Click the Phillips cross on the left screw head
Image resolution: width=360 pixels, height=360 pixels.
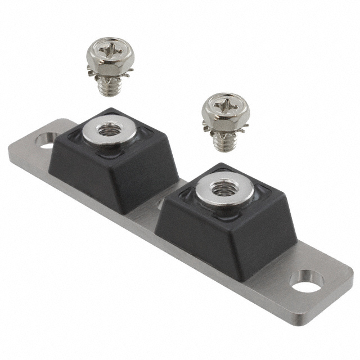point(110,51)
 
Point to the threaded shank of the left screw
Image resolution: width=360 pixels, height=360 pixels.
point(106,85)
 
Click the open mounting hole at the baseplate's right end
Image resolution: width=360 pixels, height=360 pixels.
point(307,281)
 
